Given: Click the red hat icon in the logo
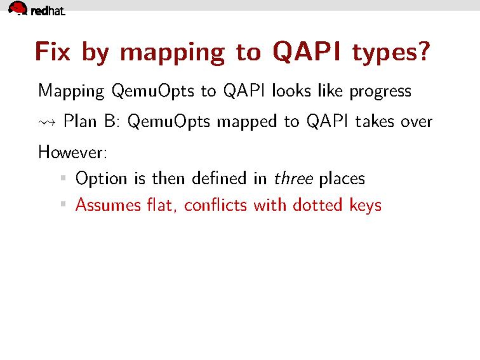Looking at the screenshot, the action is [18, 8].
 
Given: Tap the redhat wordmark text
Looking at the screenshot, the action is [48, 11].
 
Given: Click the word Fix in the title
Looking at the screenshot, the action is [53, 51].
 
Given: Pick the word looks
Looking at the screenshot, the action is [292, 90].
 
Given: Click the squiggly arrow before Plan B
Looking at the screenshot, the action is [47, 123].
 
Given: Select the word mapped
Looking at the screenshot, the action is [247, 122].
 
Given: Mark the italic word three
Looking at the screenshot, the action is [293, 178].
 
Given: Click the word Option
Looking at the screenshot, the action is [101, 179].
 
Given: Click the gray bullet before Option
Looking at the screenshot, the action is [63, 178].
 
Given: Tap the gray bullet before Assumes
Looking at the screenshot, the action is [63, 204].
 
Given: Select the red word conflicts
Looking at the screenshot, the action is [215, 205].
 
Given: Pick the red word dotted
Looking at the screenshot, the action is [317, 205].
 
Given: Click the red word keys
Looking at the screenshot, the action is [365, 206].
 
